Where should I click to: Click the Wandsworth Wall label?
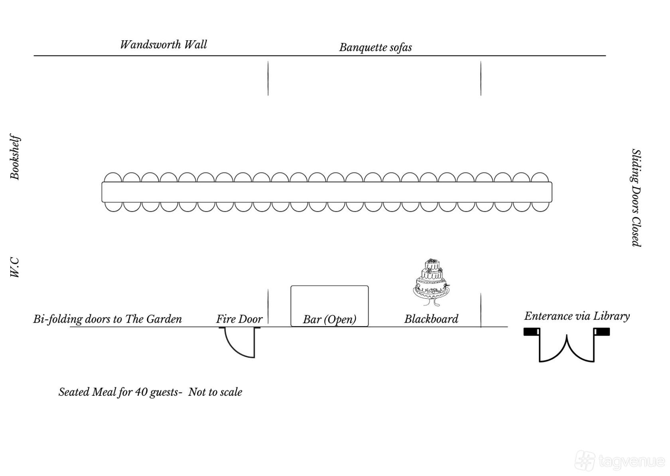164,45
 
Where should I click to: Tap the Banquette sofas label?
375,48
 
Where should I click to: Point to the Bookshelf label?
15,157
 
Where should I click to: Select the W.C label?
15,267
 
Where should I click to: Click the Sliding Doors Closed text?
636,198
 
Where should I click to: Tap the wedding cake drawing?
431,282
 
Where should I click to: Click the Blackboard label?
432,319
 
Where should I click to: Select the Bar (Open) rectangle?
329,306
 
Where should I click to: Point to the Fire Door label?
239,319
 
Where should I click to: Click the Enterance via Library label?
577,316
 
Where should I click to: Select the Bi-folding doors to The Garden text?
107,319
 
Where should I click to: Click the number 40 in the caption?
140,392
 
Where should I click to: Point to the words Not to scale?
215,392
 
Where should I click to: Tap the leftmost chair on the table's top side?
113,177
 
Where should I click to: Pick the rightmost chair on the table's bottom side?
540,207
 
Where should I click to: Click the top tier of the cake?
432,264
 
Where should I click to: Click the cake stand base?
431,301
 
